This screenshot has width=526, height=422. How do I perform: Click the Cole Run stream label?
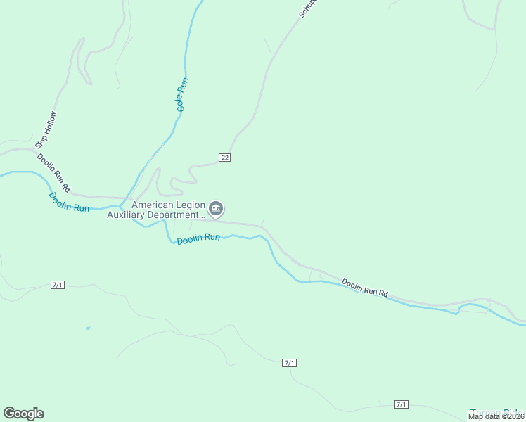point(182,96)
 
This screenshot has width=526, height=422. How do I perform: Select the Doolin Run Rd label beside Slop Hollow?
point(54,174)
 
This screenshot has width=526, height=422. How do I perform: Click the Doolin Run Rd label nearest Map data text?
point(365,287)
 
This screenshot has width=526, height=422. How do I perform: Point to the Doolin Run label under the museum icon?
point(198,239)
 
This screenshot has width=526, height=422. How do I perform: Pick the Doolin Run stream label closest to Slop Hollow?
point(69,203)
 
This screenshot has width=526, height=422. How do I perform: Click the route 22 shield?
point(224,157)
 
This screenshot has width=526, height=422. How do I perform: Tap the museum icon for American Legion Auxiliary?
point(216,209)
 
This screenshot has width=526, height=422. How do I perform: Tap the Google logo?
point(23,414)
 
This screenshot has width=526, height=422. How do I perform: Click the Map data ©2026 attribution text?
point(496,416)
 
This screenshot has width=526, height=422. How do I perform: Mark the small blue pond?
point(88,328)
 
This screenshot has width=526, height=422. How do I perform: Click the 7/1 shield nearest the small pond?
point(58,284)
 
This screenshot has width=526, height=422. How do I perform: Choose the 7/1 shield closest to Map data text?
point(402,404)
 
